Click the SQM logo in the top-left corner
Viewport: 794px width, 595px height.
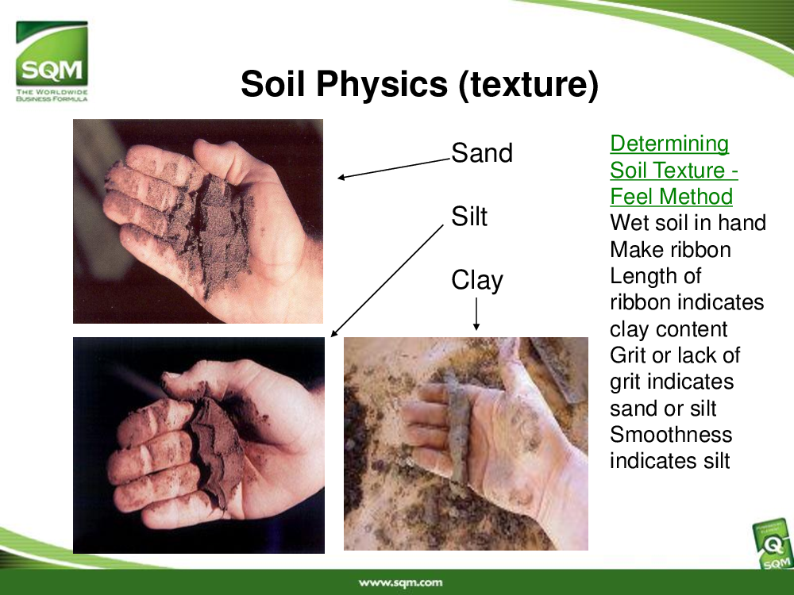[x=52, y=61]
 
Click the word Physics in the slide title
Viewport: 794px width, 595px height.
[x=382, y=83]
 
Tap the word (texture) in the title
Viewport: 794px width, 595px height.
[x=529, y=84]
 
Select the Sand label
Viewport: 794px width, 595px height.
[x=482, y=153]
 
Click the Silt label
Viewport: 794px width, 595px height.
[x=469, y=217]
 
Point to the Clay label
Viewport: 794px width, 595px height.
[x=477, y=281]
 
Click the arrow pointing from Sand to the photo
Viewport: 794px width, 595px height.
[x=394, y=168]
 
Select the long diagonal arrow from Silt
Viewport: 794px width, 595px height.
[x=387, y=281]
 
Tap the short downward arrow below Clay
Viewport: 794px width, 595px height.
[x=476, y=313]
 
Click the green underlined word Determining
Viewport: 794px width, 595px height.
[x=669, y=144]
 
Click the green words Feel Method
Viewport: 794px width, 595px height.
[x=671, y=196]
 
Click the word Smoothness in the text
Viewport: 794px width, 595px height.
[x=671, y=435]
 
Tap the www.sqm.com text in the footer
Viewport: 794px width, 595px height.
[x=400, y=582]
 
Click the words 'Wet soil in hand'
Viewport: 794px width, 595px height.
[x=688, y=223]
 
